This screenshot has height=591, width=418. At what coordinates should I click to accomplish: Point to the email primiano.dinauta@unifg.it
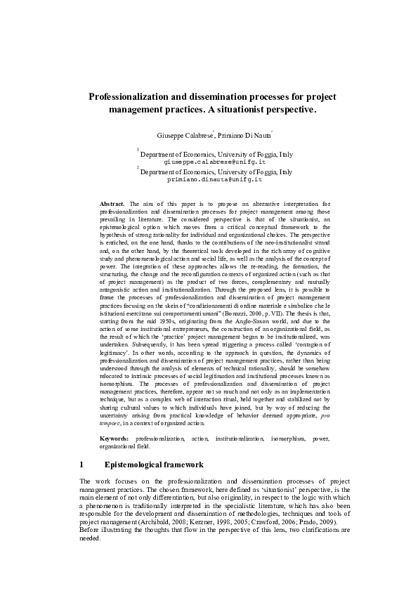click(214, 179)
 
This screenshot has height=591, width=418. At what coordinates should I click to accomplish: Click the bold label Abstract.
click(112, 203)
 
